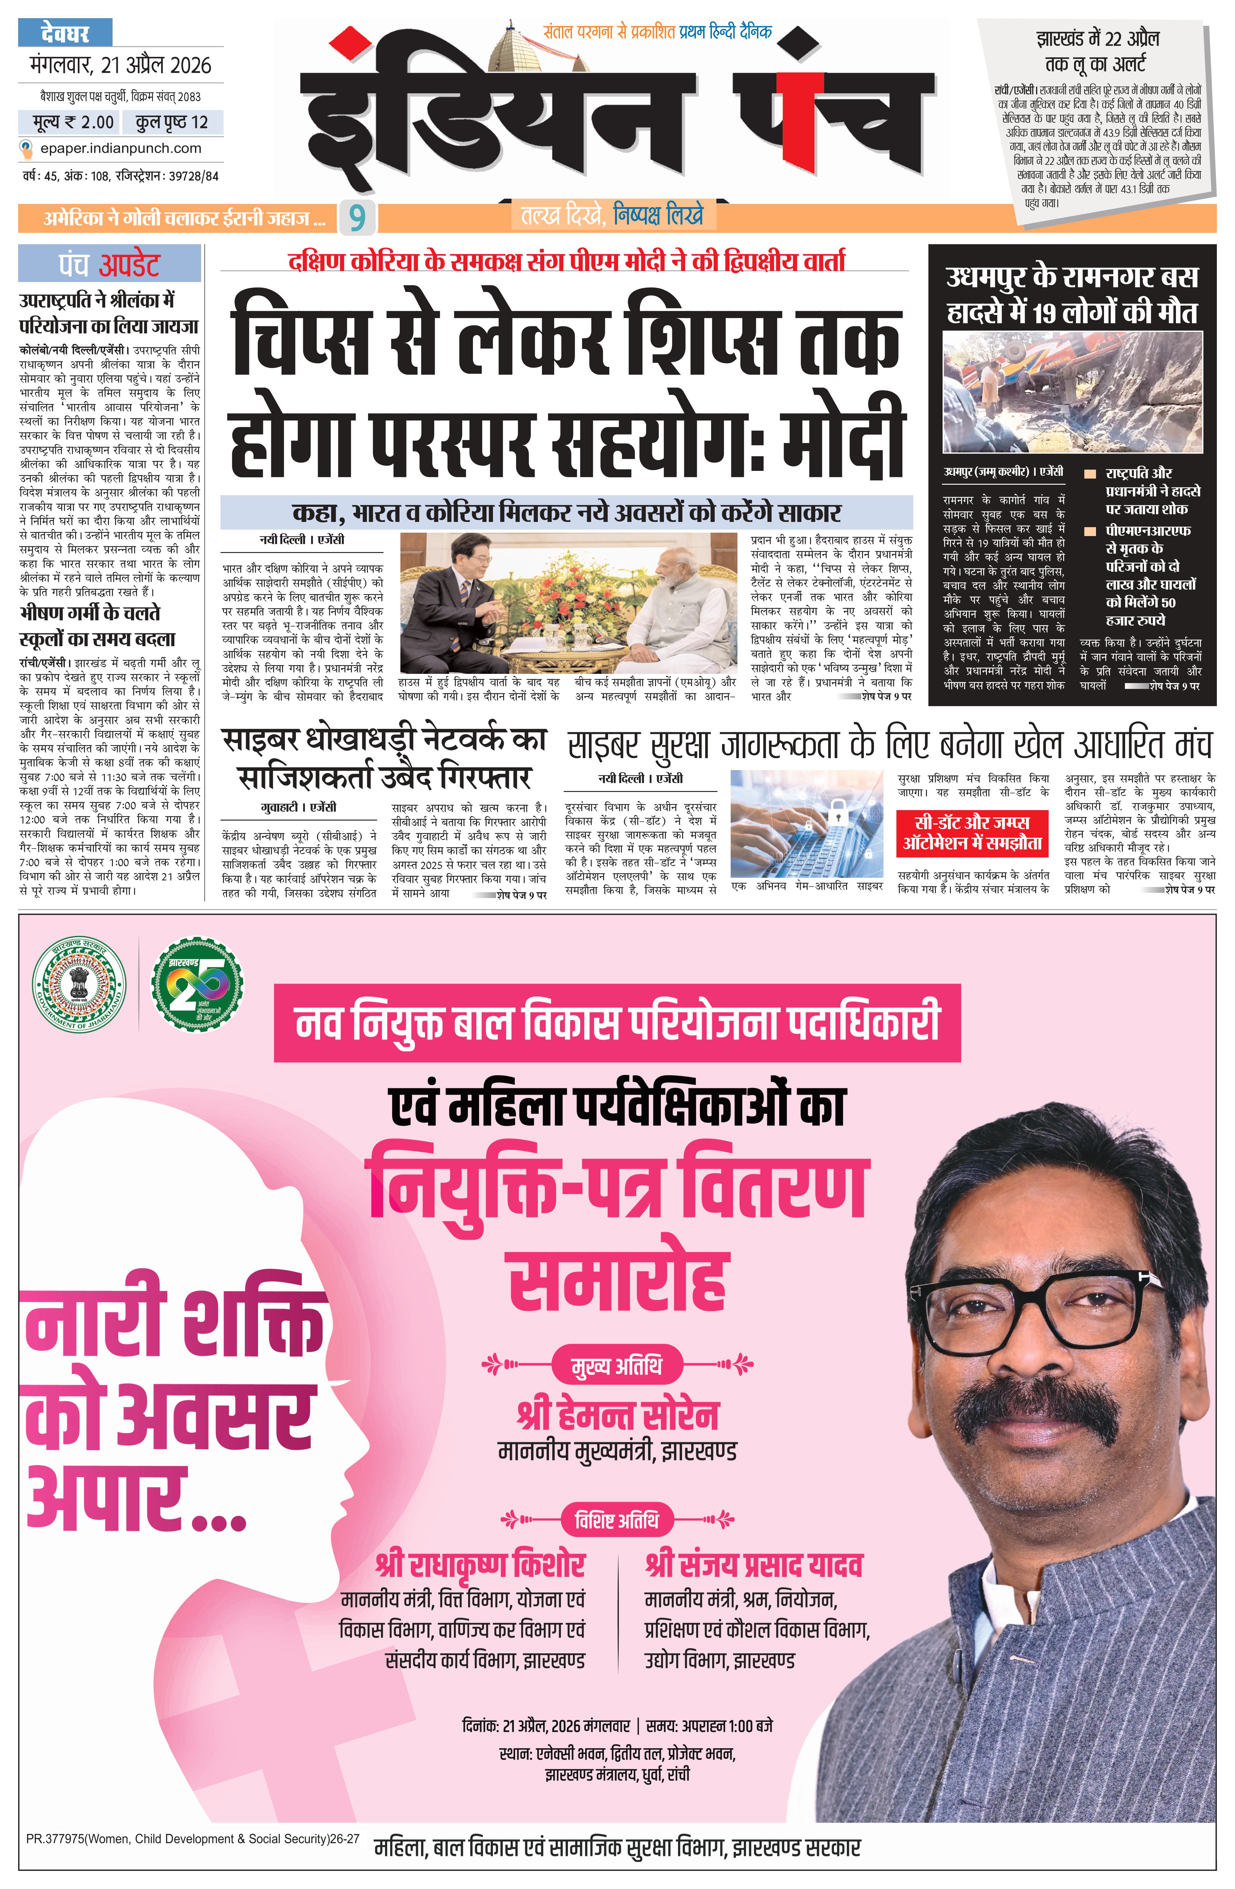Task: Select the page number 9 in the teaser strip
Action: point(357,217)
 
